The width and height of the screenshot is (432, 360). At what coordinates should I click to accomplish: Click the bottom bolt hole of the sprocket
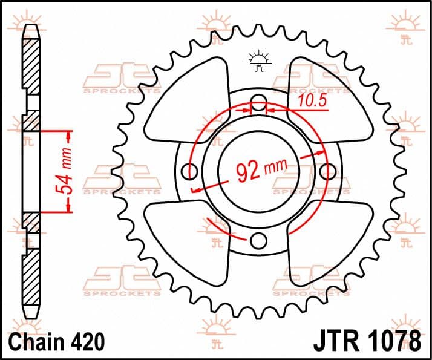(259, 241)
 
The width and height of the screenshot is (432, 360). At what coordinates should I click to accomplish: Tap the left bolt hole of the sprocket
(189, 171)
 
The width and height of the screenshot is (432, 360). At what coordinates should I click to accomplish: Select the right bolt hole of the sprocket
(328, 171)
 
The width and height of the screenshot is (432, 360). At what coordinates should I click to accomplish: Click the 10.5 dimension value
(312, 101)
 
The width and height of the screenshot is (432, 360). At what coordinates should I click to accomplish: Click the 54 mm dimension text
(64, 171)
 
